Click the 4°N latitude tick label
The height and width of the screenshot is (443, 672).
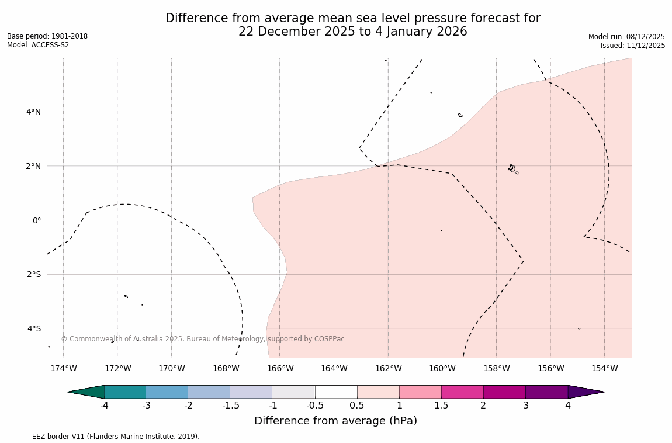33,112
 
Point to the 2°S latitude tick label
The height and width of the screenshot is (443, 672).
34,274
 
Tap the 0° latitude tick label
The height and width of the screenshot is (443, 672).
36,220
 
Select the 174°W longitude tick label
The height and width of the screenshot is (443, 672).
63,368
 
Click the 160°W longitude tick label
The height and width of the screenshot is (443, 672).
442,368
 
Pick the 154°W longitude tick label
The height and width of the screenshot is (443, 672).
604,368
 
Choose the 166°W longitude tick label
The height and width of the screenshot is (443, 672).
280,368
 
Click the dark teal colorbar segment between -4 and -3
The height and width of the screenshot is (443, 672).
125,392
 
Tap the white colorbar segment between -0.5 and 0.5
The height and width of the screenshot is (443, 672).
336,392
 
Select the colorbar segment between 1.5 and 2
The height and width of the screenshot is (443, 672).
462,392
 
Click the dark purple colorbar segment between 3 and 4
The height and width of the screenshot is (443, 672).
546,392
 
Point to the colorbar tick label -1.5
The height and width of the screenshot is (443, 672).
231,406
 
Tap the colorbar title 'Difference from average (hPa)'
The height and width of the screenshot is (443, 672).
335,421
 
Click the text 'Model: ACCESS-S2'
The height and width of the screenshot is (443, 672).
38,45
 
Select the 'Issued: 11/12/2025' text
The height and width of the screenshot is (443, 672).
633,46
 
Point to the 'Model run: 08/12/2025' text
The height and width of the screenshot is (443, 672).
626,37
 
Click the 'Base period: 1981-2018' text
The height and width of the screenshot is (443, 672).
47,36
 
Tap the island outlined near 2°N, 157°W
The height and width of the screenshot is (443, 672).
512,169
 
